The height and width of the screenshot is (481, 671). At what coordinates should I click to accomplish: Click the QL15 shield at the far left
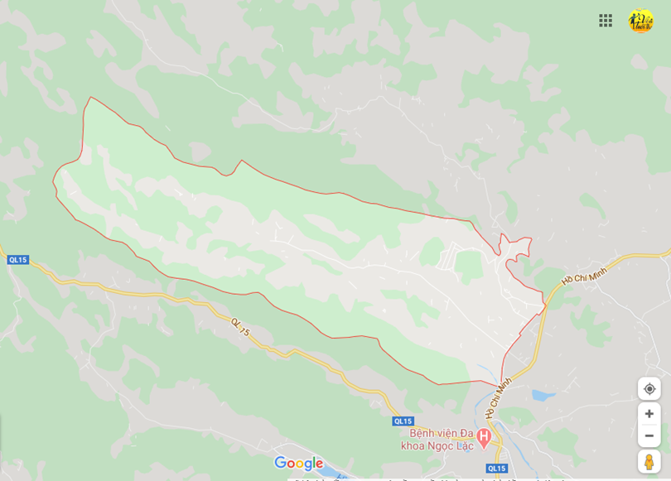(x=17, y=260)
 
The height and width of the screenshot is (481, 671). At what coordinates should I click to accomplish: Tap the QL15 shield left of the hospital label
(x=403, y=421)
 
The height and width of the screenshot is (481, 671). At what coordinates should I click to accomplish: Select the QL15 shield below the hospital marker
(x=496, y=469)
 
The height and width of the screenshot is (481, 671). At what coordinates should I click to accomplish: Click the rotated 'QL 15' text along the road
(x=240, y=327)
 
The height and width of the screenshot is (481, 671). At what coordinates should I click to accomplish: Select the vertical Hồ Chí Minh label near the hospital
(x=499, y=396)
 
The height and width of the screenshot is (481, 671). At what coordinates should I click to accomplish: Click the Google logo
(x=298, y=464)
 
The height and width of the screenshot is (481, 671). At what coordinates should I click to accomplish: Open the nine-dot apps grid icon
(x=606, y=21)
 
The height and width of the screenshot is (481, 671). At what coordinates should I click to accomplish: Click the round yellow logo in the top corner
(x=640, y=21)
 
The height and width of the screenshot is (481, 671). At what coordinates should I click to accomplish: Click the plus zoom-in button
(x=649, y=414)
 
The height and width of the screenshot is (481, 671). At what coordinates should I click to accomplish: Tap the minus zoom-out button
(x=649, y=435)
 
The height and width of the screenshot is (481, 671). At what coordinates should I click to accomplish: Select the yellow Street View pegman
(x=649, y=461)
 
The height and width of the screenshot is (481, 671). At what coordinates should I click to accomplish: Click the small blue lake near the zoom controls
(x=543, y=396)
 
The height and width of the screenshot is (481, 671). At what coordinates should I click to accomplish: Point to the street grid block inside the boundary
(x=451, y=257)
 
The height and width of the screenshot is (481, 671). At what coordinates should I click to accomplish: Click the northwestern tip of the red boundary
(x=90, y=99)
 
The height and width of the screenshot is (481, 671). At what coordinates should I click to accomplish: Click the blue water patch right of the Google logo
(x=336, y=473)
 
